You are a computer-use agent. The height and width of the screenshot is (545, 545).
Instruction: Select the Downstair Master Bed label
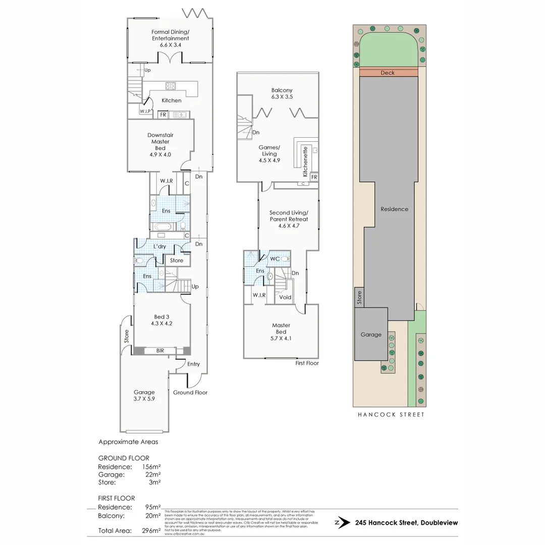[160, 145]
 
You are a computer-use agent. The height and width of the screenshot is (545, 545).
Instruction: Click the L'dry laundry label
[159, 246]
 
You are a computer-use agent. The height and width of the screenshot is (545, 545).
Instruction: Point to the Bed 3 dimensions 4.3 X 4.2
[161, 323]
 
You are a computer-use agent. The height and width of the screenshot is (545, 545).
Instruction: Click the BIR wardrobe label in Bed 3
[160, 350]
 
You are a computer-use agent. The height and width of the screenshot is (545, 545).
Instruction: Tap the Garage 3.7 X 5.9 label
[144, 395]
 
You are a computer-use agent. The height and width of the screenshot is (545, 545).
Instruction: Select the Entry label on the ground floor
[193, 364]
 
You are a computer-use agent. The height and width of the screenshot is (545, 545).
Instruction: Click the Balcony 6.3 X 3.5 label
[282, 93]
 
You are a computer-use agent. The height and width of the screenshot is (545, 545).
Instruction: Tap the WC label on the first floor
[275, 258]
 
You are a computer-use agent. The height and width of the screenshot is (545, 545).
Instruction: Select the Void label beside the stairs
[285, 297]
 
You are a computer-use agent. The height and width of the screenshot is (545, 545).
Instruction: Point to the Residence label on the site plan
[394, 209]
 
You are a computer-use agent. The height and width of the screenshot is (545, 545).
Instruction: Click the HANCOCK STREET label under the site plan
[391, 415]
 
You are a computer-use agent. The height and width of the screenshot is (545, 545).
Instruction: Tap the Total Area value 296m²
[151, 530]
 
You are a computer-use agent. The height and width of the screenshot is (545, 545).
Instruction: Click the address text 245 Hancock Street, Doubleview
[406, 523]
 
